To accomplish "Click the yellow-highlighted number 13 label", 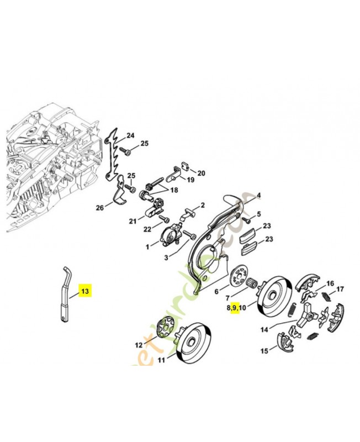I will pyautogui.click(x=84, y=290).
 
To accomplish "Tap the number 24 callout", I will pyautogui.click(x=130, y=135).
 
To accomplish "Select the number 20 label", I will pyautogui.click(x=201, y=173).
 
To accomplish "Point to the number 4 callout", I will pyautogui.click(x=258, y=195).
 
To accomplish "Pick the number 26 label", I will pyautogui.click(x=99, y=208).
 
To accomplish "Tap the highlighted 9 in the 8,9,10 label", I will pyautogui.click(x=235, y=308).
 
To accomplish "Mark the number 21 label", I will pyautogui.click(x=133, y=222).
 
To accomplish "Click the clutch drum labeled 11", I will pyautogui.click(x=192, y=341).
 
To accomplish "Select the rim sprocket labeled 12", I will pyautogui.click(x=163, y=330).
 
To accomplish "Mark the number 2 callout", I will pyautogui.click(x=203, y=205).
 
